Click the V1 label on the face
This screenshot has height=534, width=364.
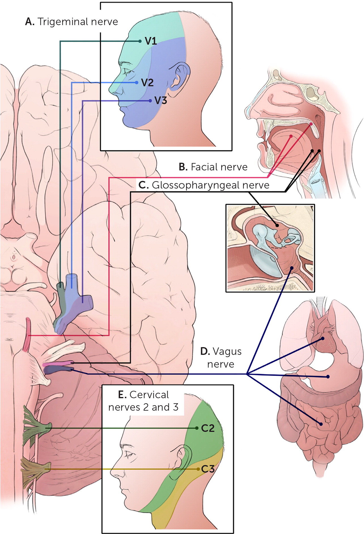tap(151, 41)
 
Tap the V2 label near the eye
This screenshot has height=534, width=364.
tap(147, 83)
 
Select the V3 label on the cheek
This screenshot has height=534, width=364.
tap(161, 101)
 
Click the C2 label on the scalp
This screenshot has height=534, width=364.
tap(208, 428)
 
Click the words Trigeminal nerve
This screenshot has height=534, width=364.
tap(78, 22)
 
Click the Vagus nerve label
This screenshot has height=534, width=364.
tap(221, 358)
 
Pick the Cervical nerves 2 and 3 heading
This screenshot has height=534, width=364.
tap(143, 401)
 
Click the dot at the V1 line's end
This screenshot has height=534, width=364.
tap(140, 41)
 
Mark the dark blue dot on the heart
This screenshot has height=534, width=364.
tap(323, 339)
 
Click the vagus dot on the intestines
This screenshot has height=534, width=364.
tap(321, 424)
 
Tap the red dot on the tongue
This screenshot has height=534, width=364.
tap(291, 137)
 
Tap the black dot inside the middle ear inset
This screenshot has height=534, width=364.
tap(277, 225)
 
